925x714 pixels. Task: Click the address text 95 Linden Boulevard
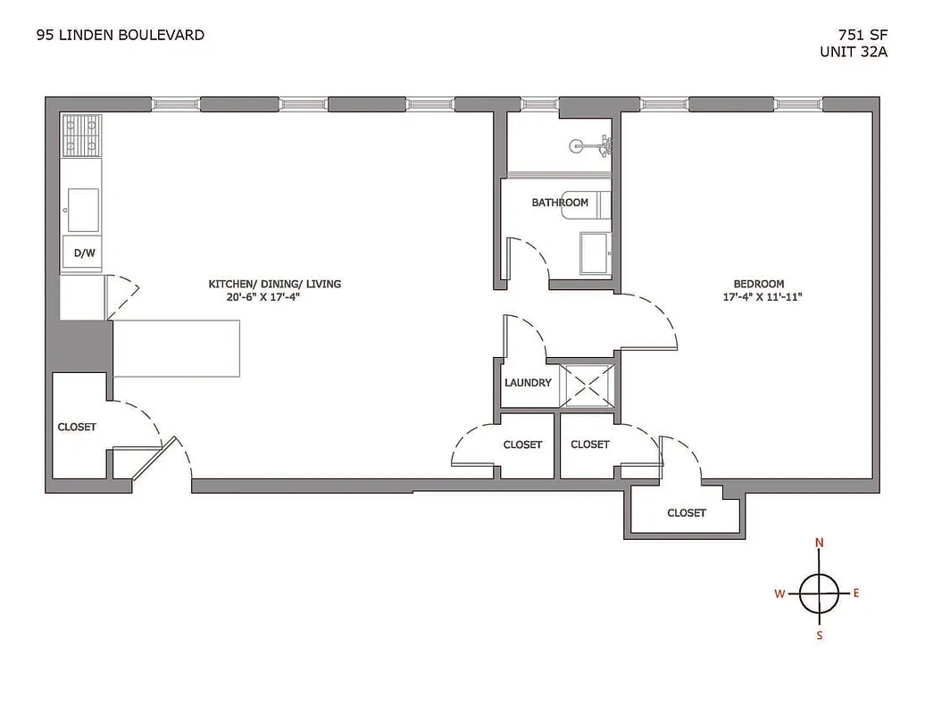coord(120,36)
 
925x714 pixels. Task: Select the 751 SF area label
coord(859,36)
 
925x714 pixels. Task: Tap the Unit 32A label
coord(853,52)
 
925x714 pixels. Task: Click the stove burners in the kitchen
coord(81,136)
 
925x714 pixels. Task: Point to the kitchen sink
coord(83,209)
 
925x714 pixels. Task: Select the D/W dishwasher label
coord(84,253)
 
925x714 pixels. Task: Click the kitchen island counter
coord(178,348)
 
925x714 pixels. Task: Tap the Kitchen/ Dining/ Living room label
coord(274,284)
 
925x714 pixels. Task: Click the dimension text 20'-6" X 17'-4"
coord(275,299)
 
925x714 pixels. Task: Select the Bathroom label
coord(560,203)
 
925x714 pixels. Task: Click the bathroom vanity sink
coord(595,253)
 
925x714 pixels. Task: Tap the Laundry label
coord(528,383)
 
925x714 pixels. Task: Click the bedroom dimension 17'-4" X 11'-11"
coord(762,298)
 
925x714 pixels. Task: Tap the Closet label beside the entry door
coord(77,427)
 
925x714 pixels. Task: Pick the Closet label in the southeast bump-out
coord(687,512)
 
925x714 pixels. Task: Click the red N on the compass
coord(820,543)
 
